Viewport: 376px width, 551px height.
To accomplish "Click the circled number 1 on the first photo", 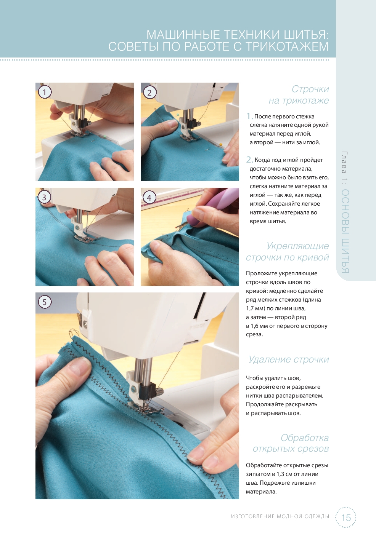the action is (45, 92).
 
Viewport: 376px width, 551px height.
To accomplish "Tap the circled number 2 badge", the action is (149, 93).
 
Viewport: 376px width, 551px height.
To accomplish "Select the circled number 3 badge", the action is (44, 197).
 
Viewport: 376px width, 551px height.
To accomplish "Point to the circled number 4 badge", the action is (149, 198).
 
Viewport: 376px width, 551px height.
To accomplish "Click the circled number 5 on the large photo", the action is (45, 302).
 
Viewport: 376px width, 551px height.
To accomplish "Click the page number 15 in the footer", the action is (346, 517).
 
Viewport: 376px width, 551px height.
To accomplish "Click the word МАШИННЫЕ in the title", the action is (183, 35).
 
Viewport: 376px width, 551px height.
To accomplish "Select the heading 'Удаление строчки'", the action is (289, 359).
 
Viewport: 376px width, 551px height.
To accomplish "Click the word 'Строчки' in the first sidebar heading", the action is (310, 89).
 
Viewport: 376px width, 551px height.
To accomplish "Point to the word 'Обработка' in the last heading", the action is (305, 438).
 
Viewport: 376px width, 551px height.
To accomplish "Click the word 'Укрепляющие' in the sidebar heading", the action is (298, 246).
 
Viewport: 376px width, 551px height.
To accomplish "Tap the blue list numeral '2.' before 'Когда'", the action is (249, 160).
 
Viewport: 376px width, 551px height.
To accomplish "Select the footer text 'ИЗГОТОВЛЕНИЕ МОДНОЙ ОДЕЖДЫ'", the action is (280, 516).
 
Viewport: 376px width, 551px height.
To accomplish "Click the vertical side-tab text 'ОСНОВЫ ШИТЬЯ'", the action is (345, 231).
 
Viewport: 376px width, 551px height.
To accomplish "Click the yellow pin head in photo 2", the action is (220, 144).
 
